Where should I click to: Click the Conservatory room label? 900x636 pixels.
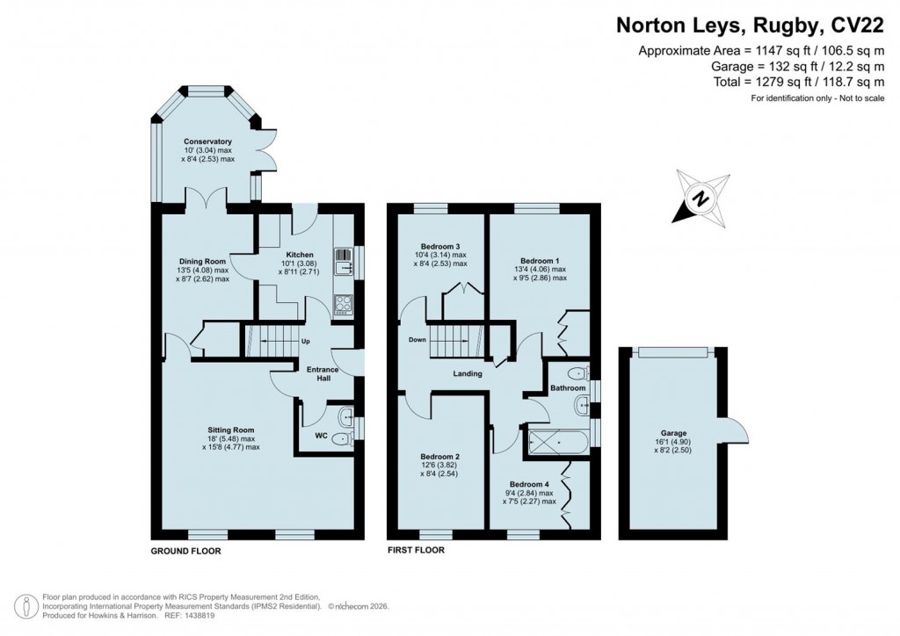(x=207, y=141)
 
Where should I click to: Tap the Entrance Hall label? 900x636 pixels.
(x=322, y=375)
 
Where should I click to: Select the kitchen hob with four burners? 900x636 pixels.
(x=342, y=303)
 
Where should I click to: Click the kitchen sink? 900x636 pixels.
(x=342, y=261)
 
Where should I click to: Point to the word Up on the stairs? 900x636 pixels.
(x=305, y=341)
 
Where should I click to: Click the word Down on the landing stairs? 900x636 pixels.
(x=417, y=340)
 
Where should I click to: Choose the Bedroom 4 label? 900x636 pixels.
(x=533, y=484)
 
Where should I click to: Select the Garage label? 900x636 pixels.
(x=673, y=433)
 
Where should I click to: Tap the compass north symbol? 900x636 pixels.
(x=700, y=199)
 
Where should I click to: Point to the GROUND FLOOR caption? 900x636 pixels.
(x=185, y=552)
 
